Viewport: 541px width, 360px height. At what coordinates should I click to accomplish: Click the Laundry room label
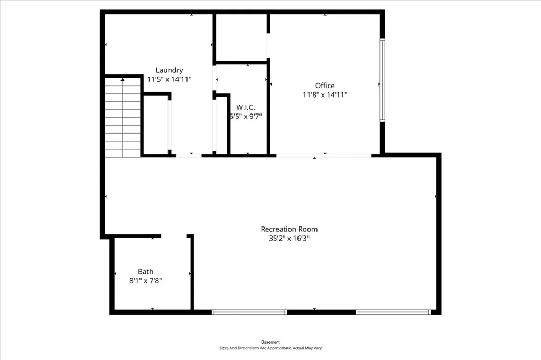click(169, 70)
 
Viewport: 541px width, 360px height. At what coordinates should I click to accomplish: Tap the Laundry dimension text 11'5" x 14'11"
click(169, 79)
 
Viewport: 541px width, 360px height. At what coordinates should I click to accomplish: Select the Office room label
click(325, 86)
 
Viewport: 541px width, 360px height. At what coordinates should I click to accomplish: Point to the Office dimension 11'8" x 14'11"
click(325, 95)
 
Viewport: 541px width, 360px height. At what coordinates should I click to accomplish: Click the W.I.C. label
click(246, 107)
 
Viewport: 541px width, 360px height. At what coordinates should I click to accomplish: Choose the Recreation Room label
click(289, 229)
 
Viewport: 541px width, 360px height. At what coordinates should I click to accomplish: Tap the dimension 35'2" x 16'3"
click(289, 238)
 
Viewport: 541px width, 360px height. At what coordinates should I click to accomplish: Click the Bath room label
click(146, 272)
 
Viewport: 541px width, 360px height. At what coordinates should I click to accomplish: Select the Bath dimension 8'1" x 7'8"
click(145, 281)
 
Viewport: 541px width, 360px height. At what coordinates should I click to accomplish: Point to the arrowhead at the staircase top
click(123, 79)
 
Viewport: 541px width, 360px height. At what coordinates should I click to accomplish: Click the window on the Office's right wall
click(383, 80)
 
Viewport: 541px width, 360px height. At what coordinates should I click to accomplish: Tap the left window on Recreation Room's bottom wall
click(249, 312)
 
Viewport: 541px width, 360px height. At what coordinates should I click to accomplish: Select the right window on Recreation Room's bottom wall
click(393, 312)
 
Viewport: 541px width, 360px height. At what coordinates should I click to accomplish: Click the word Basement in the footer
click(270, 342)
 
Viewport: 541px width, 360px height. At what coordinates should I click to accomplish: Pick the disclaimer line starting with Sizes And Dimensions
click(270, 348)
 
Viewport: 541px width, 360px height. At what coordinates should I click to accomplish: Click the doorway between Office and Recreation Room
click(324, 155)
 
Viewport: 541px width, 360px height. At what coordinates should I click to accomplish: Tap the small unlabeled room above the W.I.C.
click(241, 37)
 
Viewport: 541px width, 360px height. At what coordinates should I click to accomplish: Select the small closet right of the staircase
click(156, 125)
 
